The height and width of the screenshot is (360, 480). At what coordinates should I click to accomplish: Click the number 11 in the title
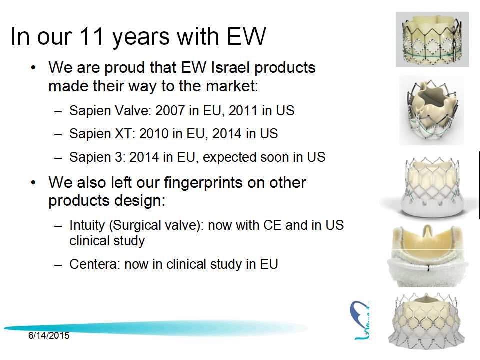[x=91, y=36]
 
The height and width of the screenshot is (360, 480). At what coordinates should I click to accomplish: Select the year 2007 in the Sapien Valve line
[x=169, y=111]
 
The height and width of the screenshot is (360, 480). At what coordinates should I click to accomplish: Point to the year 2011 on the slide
[x=243, y=111]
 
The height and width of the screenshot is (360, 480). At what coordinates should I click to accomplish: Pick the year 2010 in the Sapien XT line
[x=153, y=134]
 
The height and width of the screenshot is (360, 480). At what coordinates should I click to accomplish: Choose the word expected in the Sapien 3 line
[x=229, y=157]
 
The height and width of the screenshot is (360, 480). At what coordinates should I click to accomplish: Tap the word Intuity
[x=87, y=225]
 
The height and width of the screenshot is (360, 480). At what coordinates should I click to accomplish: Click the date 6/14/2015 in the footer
[x=49, y=336]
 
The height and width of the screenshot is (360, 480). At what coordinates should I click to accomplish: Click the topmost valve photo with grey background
[x=432, y=39]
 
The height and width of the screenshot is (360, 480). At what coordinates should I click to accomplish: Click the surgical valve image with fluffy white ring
[x=428, y=256]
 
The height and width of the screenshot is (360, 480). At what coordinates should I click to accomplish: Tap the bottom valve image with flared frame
[x=426, y=321]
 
